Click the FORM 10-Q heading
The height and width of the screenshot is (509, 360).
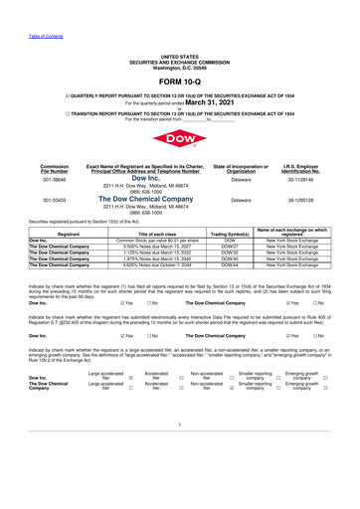[x=179, y=52]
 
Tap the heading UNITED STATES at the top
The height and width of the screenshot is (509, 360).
[x=179, y=30]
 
